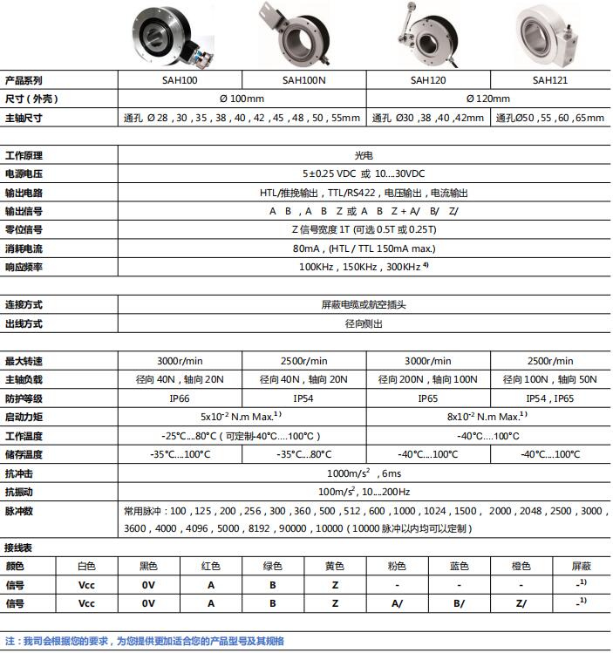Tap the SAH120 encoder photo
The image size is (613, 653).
(x=427, y=37)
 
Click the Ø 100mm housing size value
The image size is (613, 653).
(x=242, y=99)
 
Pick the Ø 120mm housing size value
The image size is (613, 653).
(x=489, y=99)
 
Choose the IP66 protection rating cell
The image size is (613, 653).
(x=180, y=398)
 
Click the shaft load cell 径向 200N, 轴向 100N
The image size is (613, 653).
(x=429, y=379)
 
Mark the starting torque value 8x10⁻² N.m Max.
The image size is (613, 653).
(x=488, y=417)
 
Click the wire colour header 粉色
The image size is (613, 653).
(x=397, y=566)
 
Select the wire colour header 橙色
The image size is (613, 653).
(x=521, y=566)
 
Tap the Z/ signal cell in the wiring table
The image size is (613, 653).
(x=521, y=602)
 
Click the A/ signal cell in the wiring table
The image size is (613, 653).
(x=397, y=602)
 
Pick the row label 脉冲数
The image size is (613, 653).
(x=19, y=510)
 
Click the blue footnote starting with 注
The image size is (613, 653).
(x=145, y=641)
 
